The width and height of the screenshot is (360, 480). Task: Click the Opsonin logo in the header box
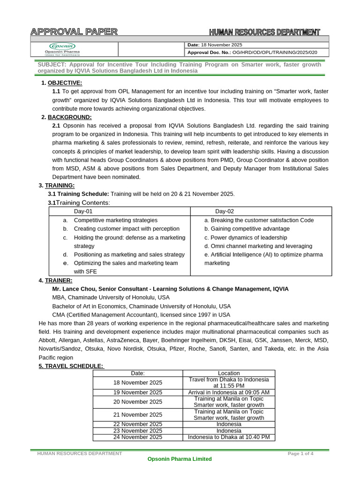65,49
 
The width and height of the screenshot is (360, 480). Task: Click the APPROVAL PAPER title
74,32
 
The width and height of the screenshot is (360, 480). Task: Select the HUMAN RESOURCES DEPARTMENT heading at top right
264,32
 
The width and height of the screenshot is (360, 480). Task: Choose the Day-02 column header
225,211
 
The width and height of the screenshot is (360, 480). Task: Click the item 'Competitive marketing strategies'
116,220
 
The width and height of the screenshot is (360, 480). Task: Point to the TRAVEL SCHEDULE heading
71,366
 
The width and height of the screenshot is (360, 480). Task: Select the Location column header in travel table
229,373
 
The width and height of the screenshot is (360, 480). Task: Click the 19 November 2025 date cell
138,392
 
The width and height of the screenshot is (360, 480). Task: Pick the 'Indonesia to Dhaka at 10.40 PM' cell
229,437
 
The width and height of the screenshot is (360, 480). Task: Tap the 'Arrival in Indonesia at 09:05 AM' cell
229,392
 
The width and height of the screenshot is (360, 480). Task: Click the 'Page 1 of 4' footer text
300,453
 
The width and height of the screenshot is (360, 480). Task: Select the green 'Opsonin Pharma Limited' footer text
180,459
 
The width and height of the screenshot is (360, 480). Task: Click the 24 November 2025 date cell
138,437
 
